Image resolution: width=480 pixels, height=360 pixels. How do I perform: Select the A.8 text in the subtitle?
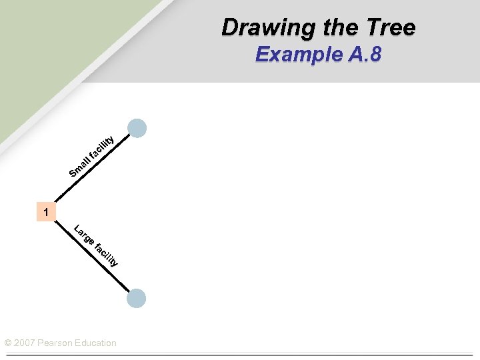[364, 54]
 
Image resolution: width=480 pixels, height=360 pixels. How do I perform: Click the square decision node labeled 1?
[46, 212]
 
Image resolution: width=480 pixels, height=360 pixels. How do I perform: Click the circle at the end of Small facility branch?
[137, 128]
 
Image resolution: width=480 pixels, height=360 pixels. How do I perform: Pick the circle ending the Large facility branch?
[136, 298]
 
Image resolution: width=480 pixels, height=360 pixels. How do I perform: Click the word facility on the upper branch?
[103, 147]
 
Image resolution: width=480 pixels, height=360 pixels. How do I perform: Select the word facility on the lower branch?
[107, 255]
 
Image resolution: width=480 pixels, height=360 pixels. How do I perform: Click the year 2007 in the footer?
[25, 343]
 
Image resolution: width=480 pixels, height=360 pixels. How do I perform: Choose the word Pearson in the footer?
[59, 343]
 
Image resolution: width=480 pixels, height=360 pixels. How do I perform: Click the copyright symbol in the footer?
[8, 343]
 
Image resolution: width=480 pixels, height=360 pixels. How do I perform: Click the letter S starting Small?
[73, 175]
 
